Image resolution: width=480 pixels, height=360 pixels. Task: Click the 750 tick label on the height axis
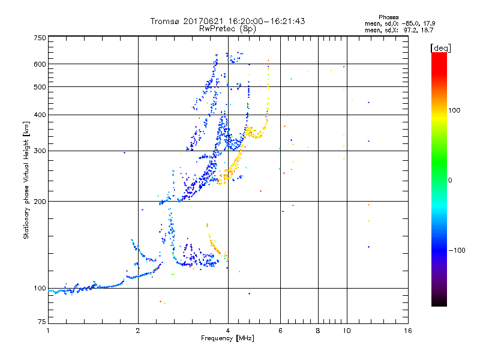click(40, 38)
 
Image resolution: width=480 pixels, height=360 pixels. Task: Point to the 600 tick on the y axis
click(40, 64)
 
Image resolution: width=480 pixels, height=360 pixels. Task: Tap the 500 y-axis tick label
click(40, 87)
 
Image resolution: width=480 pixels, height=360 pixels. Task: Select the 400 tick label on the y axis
click(40, 115)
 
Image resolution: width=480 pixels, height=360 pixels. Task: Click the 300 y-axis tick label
click(40, 151)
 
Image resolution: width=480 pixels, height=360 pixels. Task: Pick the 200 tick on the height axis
click(40, 202)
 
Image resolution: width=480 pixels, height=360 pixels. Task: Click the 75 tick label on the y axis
click(41, 324)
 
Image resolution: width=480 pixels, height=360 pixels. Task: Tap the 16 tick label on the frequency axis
click(407, 331)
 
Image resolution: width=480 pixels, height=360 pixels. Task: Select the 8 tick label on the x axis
click(318, 331)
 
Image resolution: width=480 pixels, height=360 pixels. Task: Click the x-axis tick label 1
click(48, 331)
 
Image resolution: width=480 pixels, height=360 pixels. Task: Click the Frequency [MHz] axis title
click(227, 338)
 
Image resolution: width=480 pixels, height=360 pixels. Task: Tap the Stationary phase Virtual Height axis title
click(26, 181)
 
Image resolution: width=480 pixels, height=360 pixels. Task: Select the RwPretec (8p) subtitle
click(227, 28)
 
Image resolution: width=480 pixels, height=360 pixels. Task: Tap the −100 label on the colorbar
click(458, 250)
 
